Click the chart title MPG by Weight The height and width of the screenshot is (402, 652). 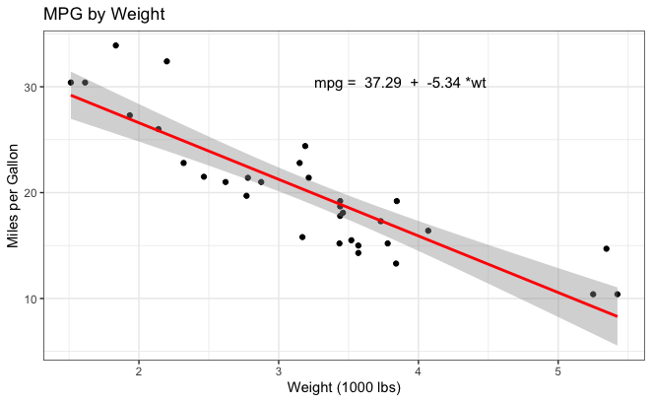tap(103, 15)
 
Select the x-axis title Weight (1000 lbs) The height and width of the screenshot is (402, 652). tap(344, 388)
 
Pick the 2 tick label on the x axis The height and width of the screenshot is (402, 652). tap(139, 370)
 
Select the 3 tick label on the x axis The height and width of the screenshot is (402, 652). tap(279, 370)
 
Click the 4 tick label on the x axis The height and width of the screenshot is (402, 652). tap(419, 370)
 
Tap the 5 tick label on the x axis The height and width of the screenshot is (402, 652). tap(558, 370)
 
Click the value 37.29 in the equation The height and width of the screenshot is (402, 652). tap(382, 84)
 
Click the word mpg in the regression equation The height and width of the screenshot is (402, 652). tap(328, 85)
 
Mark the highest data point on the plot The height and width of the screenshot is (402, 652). tap(115, 45)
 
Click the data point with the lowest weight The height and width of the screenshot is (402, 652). tap(70, 83)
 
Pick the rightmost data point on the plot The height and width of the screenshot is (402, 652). tap(618, 294)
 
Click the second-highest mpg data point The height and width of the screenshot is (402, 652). tap(166, 61)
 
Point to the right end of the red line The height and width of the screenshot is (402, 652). tap(617, 316)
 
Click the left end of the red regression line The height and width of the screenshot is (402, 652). tap(71, 96)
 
